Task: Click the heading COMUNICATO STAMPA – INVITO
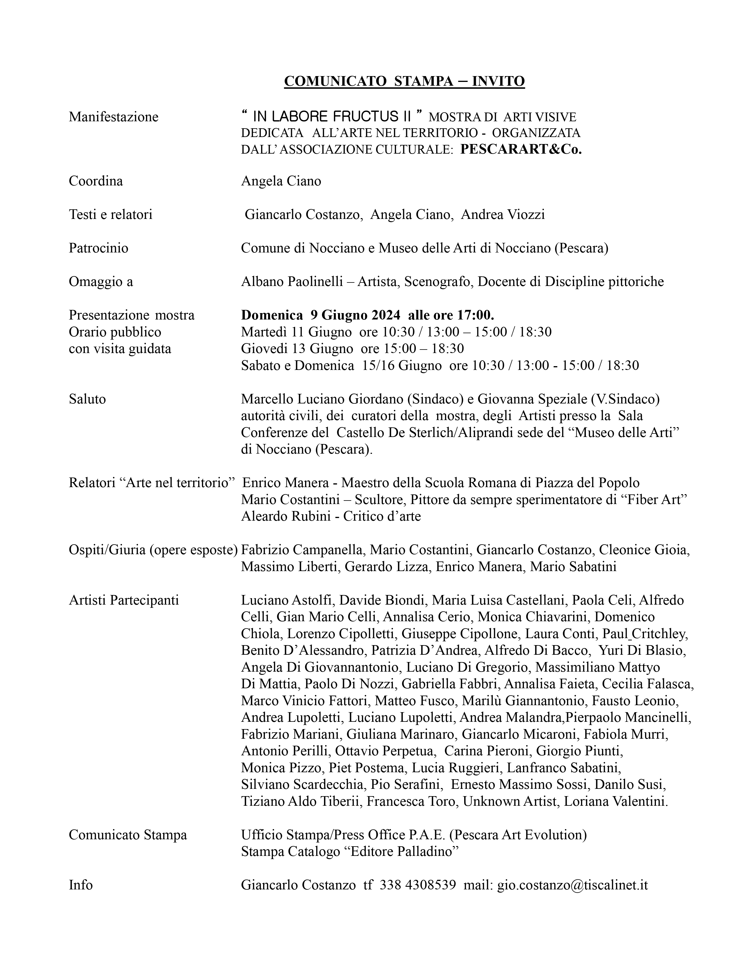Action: coord(404,82)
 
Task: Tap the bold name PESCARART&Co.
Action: coord(521,150)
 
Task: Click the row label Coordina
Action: coord(96,181)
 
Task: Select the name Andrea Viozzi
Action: coord(503,215)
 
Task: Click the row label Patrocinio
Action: coord(98,248)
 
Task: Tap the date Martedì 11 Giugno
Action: coord(296,332)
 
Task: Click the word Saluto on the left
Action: coord(87,399)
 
